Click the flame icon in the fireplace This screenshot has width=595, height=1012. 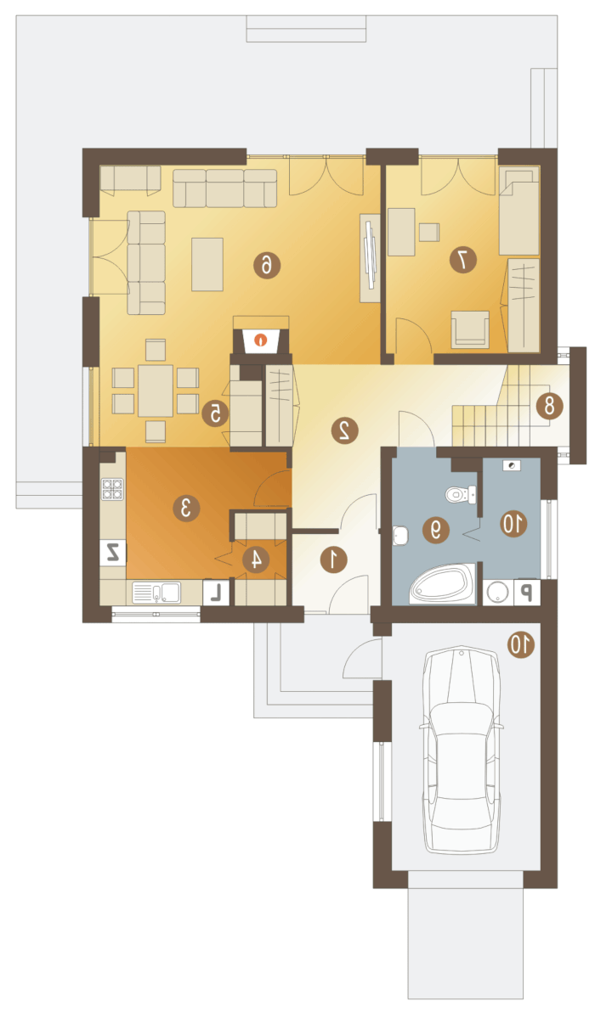click(260, 339)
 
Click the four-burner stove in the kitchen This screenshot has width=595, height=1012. click(112, 489)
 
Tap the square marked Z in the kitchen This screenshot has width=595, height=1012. click(113, 553)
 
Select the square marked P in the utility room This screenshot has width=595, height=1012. click(526, 592)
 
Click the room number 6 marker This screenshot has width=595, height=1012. click(266, 265)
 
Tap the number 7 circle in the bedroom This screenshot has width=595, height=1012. click(463, 260)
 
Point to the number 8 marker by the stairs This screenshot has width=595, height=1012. click(549, 406)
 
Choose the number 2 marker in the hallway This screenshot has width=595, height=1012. click(344, 430)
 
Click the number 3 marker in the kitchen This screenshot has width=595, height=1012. click(186, 508)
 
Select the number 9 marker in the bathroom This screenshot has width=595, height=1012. click(435, 530)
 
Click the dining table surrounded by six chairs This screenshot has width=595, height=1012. click(155, 390)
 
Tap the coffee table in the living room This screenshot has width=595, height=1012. click(207, 264)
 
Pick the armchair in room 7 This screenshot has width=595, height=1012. click(470, 326)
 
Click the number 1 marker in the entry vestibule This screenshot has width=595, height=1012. click(334, 559)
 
